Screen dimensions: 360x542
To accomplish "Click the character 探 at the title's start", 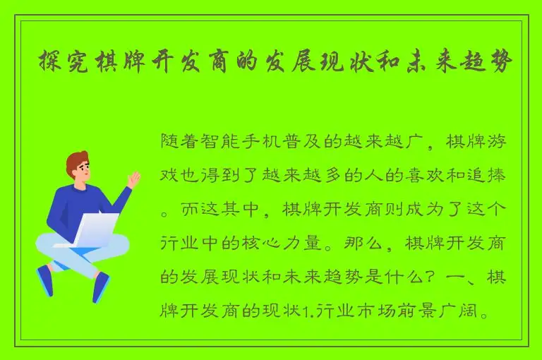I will [x=48, y=62].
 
